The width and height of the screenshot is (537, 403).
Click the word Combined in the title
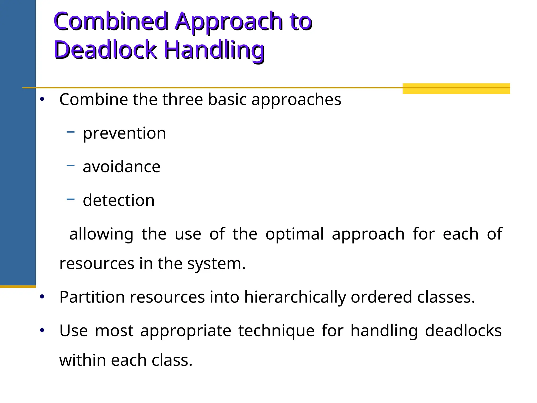pyautogui.click(x=111, y=22)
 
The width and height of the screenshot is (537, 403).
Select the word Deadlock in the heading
pyautogui.click(x=105, y=50)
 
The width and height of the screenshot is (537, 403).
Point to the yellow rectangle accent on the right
pyautogui.click(x=456, y=88)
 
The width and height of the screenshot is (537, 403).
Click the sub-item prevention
pyautogui.click(x=124, y=133)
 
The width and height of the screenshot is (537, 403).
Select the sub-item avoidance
pyautogui.click(x=121, y=167)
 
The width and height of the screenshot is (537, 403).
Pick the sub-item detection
pyautogui.click(x=119, y=200)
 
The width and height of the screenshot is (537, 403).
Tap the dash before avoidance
pyautogui.click(x=71, y=166)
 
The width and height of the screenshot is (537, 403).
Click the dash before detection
pyautogui.click(x=71, y=199)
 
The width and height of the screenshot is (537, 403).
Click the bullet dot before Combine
pyautogui.click(x=42, y=99)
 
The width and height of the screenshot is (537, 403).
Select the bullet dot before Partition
pyautogui.click(x=42, y=297)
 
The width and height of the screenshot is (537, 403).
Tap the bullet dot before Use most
pyautogui.click(x=42, y=330)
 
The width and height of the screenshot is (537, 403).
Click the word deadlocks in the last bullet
pyautogui.click(x=463, y=331)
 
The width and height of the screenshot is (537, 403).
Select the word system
pyautogui.click(x=216, y=264)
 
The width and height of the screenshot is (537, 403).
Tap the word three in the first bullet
pyautogui.click(x=182, y=100)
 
